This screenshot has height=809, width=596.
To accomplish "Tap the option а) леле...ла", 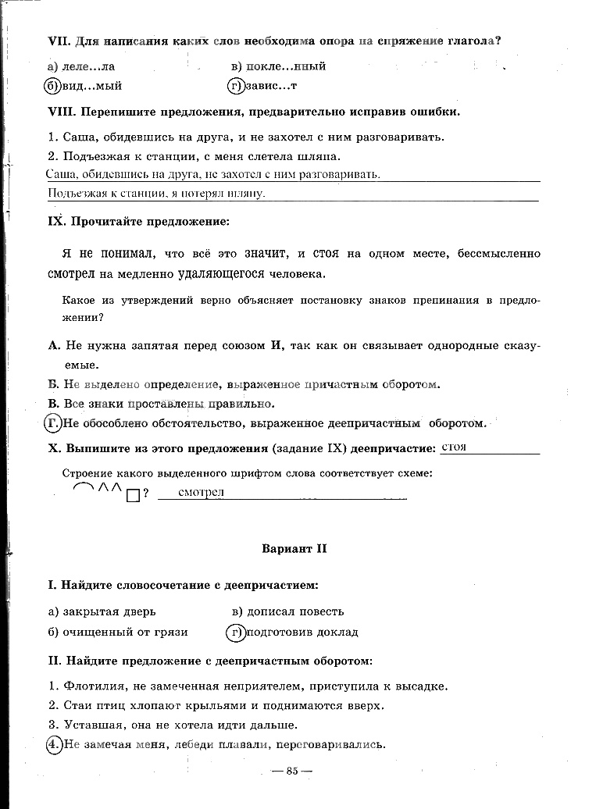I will (x=81, y=66).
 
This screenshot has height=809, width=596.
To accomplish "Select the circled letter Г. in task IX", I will (x=52, y=424).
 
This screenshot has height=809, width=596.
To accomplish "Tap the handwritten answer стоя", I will (x=454, y=447).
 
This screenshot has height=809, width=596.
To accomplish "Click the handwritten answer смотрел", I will (x=201, y=492).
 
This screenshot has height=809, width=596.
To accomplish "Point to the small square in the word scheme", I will (x=132, y=494).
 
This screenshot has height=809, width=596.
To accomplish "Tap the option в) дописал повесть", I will (x=287, y=611).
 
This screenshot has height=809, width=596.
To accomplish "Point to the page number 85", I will (x=293, y=772).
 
